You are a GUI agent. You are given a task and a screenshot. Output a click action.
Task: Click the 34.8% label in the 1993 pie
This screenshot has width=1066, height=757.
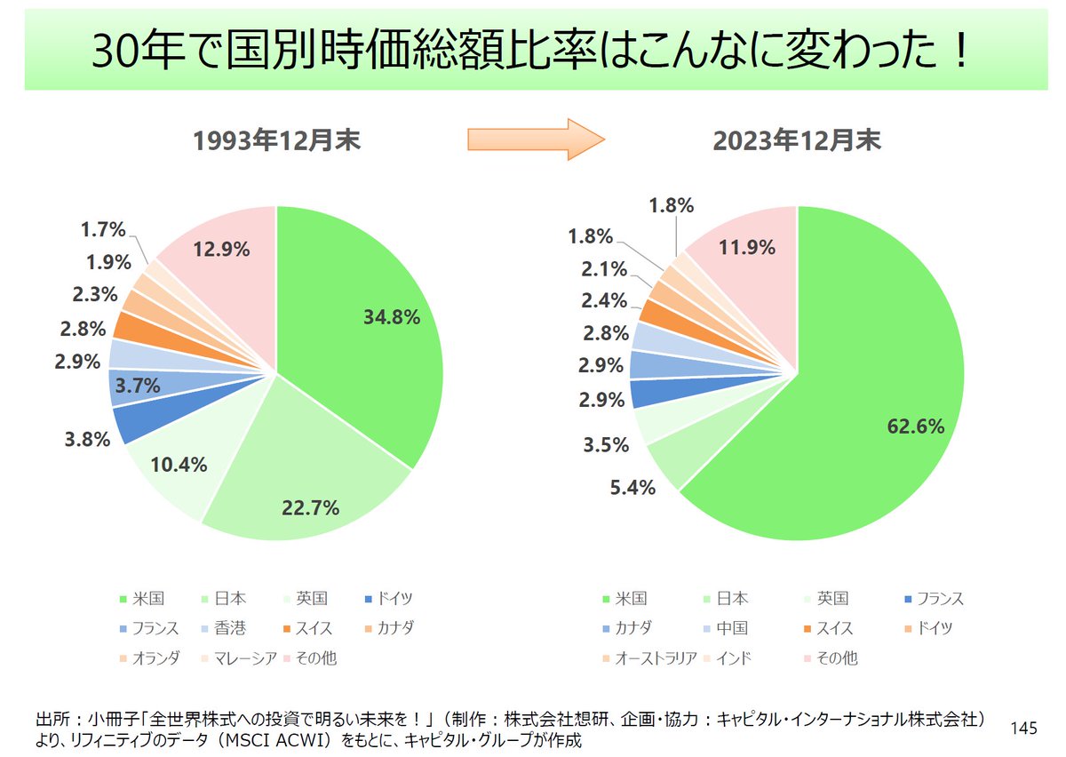click(x=391, y=317)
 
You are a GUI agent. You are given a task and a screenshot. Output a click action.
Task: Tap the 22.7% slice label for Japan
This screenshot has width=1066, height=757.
click(x=311, y=508)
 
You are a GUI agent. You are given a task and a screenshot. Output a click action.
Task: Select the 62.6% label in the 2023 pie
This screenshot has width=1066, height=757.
click(x=915, y=426)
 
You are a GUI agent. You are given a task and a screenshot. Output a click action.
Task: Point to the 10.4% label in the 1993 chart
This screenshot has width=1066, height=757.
click(x=179, y=464)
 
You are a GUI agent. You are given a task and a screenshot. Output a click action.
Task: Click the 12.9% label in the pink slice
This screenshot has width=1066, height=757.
click(x=220, y=250)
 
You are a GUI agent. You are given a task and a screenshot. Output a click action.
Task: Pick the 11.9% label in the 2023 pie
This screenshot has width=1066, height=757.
click(x=746, y=247)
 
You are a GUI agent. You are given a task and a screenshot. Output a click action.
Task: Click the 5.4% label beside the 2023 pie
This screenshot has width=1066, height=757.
click(x=631, y=487)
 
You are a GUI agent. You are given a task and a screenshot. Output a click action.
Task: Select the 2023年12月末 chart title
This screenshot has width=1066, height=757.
click(x=798, y=142)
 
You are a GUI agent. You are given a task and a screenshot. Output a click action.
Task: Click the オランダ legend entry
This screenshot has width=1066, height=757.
click(x=155, y=658)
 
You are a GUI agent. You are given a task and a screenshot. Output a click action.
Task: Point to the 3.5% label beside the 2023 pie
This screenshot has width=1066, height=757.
click(x=607, y=445)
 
